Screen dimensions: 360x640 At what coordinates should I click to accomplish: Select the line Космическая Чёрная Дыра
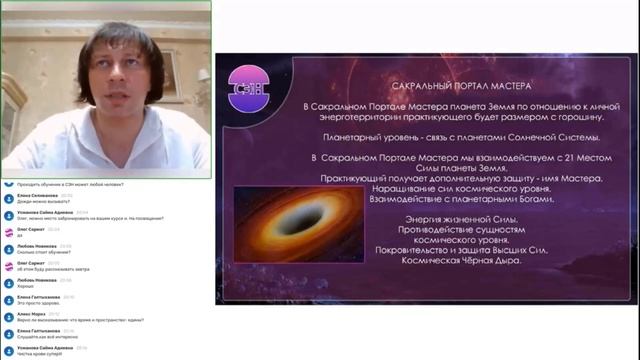[x=448, y=260]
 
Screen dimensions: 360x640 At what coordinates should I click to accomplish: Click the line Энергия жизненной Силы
[x=448, y=219]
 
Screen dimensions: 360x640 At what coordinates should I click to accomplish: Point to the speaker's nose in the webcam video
[x=108, y=75]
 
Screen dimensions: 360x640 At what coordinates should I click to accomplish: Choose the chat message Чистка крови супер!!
[x=41, y=354]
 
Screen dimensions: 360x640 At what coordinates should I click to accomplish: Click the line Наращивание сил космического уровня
[x=448, y=188]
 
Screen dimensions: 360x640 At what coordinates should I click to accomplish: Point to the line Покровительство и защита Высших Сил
[x=448, y=250]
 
